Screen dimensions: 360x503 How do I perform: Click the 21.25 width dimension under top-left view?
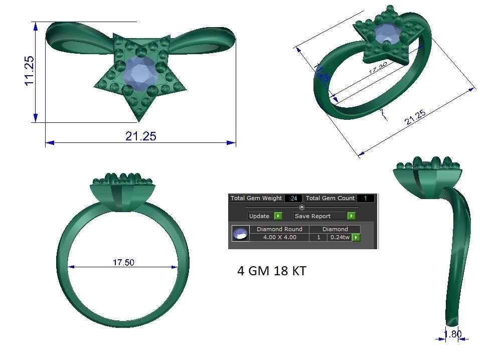point(140,136)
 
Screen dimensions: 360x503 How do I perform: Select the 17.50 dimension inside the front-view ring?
point(123,262)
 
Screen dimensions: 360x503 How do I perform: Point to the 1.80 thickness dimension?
point(453,334)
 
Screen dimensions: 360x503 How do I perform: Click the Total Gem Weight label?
point(256,199)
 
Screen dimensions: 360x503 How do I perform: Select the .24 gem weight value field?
point(293,199)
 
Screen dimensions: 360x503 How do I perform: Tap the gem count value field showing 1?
point(366,199)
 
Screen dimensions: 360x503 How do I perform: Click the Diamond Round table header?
point(279,229)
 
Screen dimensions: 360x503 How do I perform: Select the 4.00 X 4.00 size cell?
point(279,237)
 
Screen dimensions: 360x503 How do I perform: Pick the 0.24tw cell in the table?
point(339,237)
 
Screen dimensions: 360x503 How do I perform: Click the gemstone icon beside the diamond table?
point(241,234)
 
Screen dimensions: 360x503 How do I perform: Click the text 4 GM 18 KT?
point(271,271)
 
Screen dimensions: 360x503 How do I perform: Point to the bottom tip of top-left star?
point(139,120)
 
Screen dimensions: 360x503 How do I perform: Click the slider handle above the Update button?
point(302,207)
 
